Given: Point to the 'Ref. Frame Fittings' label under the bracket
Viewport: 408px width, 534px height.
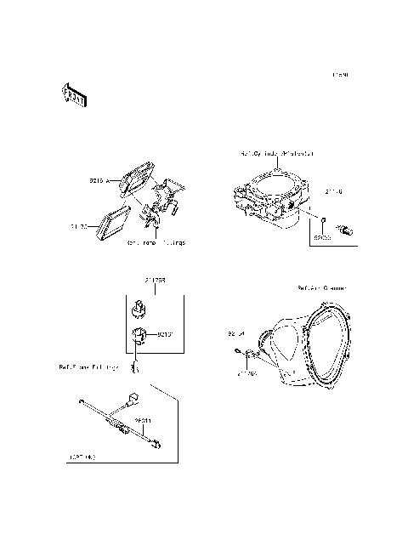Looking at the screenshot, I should tap(156, 243).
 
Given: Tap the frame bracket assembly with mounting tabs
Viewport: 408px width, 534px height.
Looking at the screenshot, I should tap(162, 208).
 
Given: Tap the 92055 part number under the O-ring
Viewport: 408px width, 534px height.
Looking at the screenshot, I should tap(320, 241).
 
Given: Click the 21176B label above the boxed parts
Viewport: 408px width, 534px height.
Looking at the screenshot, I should tap(155, 279).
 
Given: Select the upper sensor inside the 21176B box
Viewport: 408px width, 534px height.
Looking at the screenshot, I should tap(139, 305).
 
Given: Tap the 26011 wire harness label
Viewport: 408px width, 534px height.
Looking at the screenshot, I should tap(142, 420).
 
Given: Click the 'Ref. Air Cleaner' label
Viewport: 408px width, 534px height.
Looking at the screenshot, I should tap(322, 289).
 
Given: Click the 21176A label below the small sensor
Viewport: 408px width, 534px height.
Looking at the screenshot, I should tap(247, 372).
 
